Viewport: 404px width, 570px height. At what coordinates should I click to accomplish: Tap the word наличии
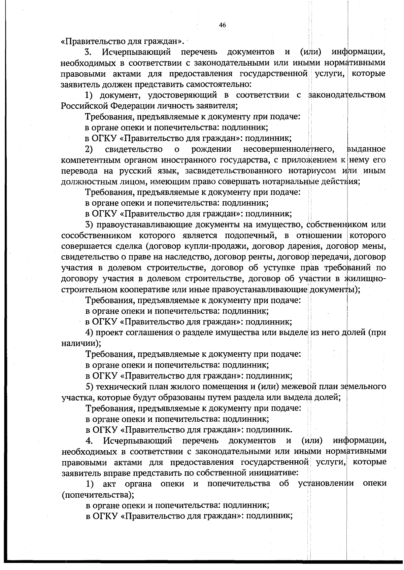79,344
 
